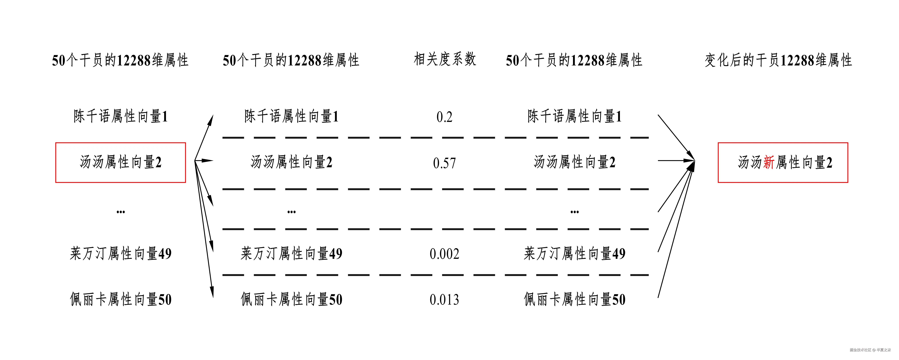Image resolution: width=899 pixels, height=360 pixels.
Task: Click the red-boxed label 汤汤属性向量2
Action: click(120, 162)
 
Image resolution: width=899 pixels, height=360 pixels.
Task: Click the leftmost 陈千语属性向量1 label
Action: click(120, 116)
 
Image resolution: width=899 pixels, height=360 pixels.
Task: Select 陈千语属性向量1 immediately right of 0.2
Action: click(574, 116)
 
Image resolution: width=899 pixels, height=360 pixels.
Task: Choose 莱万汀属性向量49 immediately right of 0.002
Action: click(574, 254)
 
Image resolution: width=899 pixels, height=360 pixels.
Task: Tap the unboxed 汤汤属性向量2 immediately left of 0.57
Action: click(291, 162)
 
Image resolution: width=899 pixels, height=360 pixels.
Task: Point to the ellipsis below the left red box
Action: click(120, 212)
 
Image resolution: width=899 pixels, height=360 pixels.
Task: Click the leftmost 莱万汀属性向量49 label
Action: click(120, 254)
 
